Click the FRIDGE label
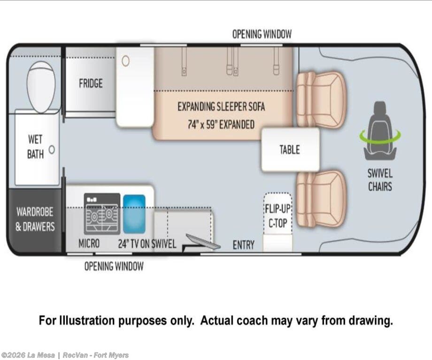[x=91, y=83]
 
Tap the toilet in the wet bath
[x=41, y=87]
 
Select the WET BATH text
[x=35, y=146]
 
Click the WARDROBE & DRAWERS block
[x=35, y=220]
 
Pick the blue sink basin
[x=134, y=214]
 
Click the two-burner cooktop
[x=102, y=214]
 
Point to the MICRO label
[x=89, y=244]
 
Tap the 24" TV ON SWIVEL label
[x=147, y=244]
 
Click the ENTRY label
[x=244, y=245]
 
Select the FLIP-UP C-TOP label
[x=278, y=216]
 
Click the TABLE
[x=290, y=150]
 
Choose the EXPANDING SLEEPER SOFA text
[x=221, y=107]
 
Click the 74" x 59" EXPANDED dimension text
[x=221, y=124]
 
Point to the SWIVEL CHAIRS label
[x=380, y=180]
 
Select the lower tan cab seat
[x=320, y=199]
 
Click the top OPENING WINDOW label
[x=262, y=34]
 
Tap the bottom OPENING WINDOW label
[x=114, y=266]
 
